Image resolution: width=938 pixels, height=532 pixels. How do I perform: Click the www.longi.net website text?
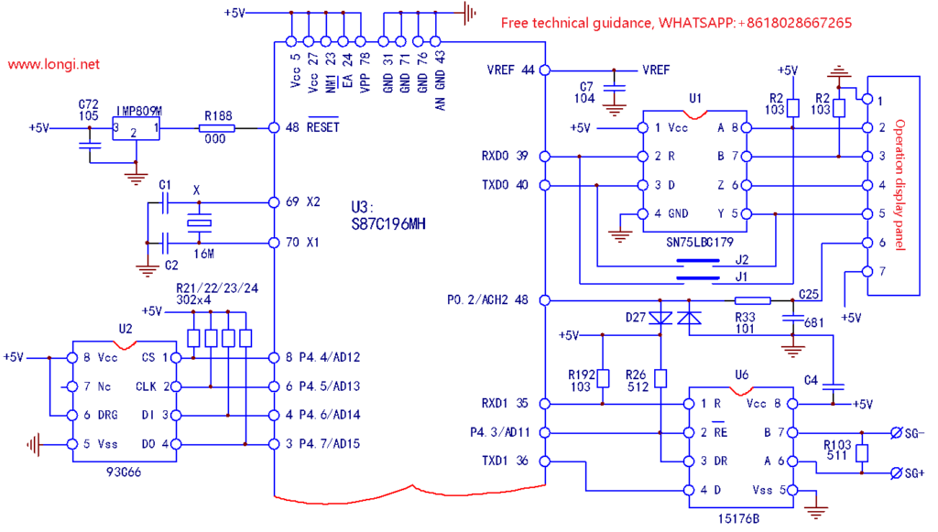pos(54,66)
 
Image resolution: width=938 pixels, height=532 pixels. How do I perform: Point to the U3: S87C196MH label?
pos(387,215)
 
